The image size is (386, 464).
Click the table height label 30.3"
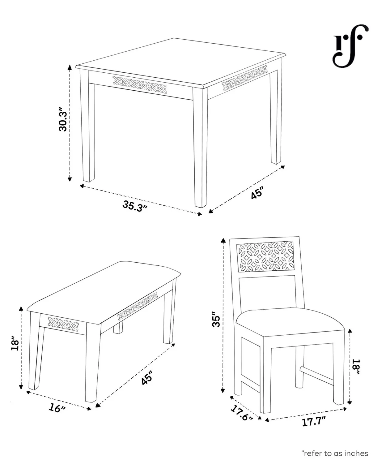point(63,119)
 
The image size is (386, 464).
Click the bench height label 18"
point(15,343)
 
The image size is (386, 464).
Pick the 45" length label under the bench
point(147,378)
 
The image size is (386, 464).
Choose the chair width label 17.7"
point(314,421)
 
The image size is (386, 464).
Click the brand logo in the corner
point(350,45)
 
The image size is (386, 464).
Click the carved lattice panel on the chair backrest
point(265,257)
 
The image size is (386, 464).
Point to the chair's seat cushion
point(290,321)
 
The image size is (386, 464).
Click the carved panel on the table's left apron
point(139,85)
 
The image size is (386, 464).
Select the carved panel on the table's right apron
point(244,78)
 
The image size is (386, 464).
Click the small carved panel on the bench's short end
point(63,324)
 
